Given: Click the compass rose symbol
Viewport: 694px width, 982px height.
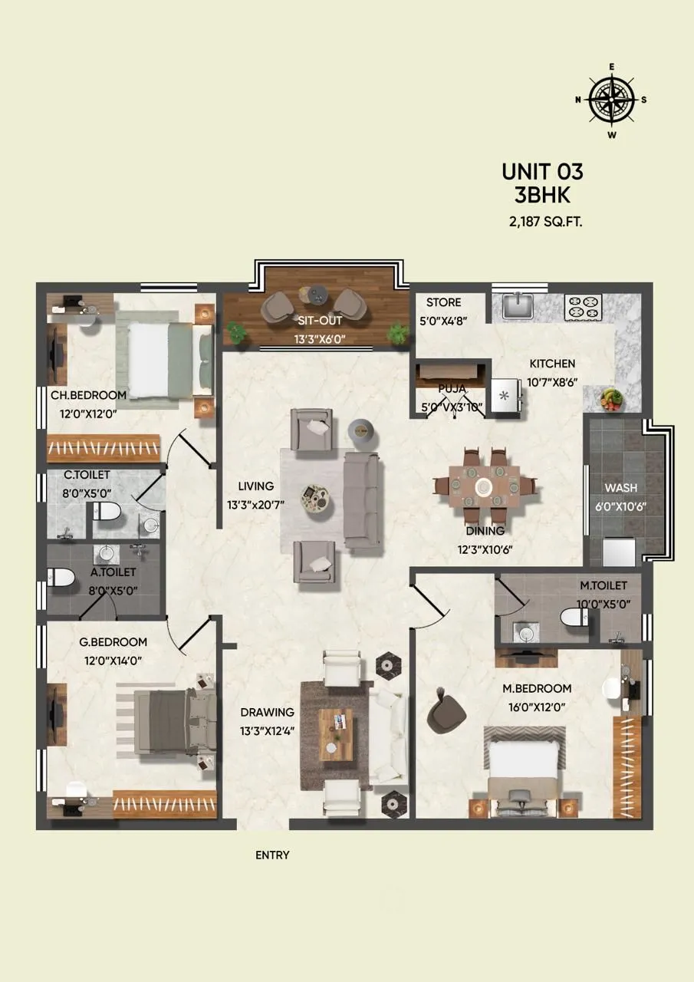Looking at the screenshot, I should (612, 100).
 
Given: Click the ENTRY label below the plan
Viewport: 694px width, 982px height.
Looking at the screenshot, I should (272, 855).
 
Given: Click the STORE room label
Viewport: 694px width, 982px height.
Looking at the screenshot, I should (443, 303).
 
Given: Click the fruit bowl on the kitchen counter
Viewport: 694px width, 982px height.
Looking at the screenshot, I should (611, 398).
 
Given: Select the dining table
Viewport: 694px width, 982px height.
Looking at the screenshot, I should (484, 486).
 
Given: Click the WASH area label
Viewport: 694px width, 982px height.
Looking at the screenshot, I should (620, 488).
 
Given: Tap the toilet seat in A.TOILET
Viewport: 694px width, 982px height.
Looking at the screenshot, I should (61, 577).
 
